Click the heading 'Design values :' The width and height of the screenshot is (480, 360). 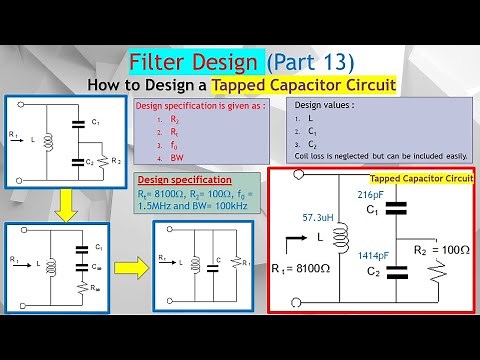pos(325,104)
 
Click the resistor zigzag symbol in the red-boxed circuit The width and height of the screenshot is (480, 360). pos(432,272)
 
